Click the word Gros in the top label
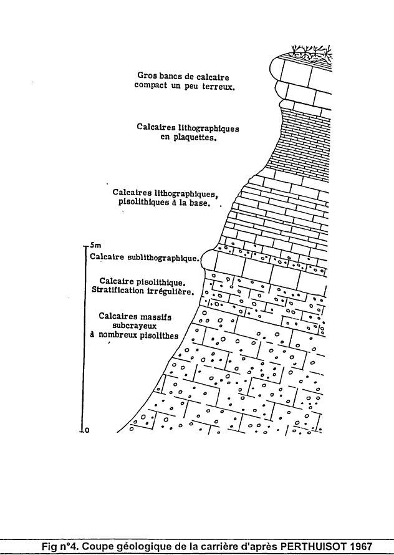(x=147, y=75)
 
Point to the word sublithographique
(x=163, y=257)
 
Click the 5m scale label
(x=95, y=245)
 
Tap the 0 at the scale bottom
(x=87, y=429)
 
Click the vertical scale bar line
(x=84, y=337)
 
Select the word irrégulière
(x=172, y=291)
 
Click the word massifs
(x=154, y=316)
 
